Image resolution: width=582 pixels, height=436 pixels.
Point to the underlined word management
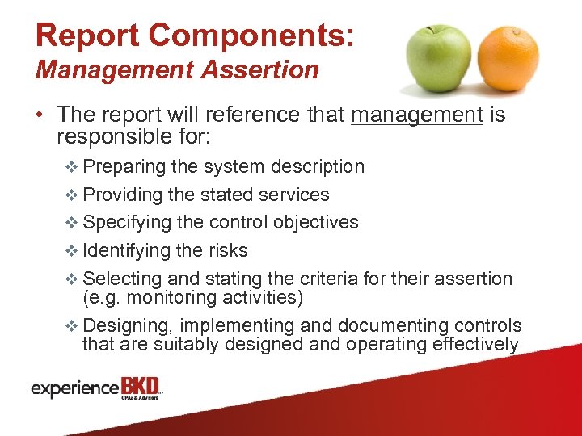417,115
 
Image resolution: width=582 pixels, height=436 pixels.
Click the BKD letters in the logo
140,386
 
